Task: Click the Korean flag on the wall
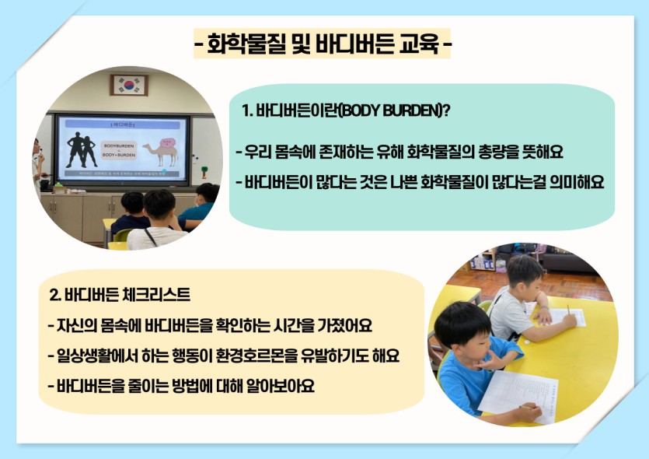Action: [129, 85]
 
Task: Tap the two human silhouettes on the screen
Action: [82, 149]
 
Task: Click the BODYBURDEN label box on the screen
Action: [119, 150]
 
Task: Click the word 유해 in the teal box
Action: [389, 152]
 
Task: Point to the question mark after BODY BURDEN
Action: [446, 110]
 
